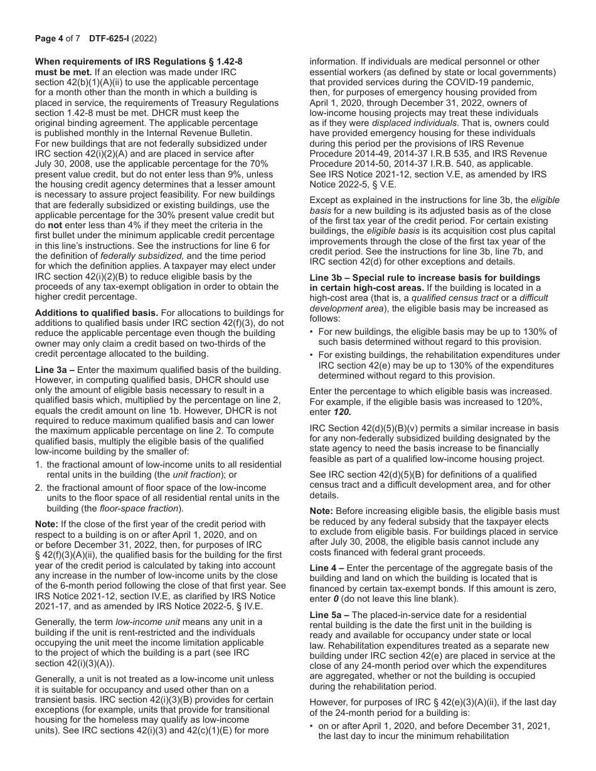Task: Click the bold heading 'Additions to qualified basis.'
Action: [97, 313]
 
